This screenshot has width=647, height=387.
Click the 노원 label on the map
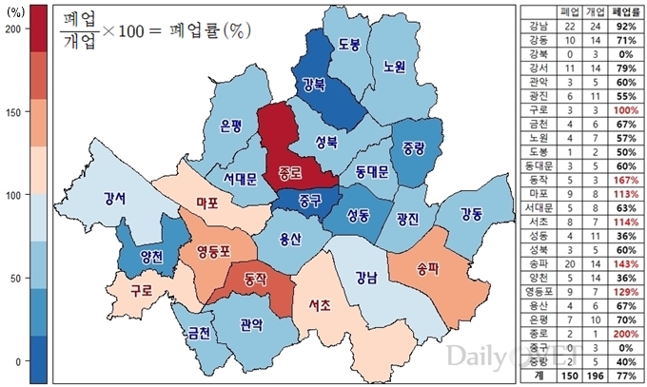tap(394, 67)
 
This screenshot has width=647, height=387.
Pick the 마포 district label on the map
tap(207, 203)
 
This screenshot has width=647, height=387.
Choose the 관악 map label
tap(252, 323)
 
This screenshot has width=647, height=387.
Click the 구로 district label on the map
tap(144, 289)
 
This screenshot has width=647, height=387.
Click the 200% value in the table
tap(623, 335)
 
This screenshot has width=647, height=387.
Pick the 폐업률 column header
tap(623, 11)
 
